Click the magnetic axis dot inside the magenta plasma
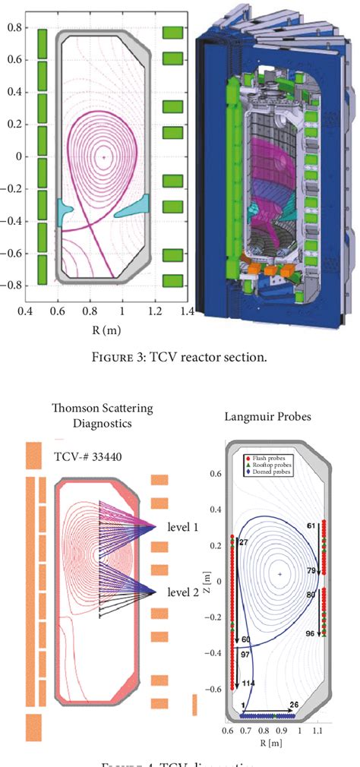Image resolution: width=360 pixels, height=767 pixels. [x=103, y=157]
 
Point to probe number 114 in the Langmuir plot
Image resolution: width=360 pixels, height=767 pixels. [x=248, y=684]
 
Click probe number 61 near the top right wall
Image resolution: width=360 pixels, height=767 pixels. [x=310, y=525]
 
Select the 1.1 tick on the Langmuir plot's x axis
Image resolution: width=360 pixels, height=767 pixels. [x=324, y=731]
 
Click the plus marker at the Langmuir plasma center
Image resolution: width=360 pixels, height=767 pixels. [x=280, y=575]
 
